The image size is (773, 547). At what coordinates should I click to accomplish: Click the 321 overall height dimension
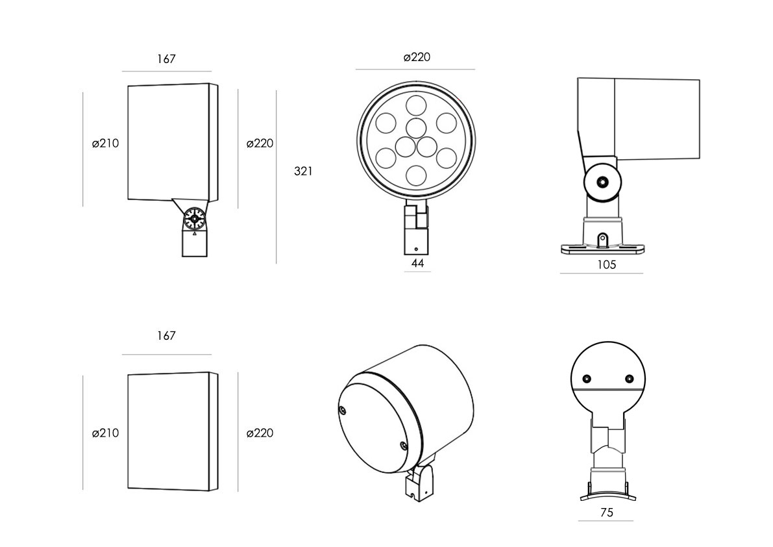[x=303, y=172]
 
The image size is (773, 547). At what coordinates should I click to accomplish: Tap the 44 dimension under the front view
[x=417, y=263]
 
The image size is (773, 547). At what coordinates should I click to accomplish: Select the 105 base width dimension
[x=606, y=264]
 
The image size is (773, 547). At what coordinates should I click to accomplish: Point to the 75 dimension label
[x=606, y=513]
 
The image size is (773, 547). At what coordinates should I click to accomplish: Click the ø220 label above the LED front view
[x=417, y=57]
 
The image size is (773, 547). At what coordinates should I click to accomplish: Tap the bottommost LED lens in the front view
[x=416, y=174]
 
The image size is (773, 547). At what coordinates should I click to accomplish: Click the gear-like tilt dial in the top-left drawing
[x=194, y=219]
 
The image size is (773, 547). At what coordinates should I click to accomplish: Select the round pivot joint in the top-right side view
[x=602, y=183]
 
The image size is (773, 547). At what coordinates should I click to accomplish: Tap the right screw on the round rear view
[x=628, y=379]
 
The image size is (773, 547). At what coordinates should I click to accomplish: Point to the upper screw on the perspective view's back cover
[x=343, y=409]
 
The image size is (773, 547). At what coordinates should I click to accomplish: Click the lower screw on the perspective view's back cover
[x=404, y=446]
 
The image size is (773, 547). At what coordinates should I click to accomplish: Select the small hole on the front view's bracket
[x=416, y=249]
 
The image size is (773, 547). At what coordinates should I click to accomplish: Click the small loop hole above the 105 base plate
[x=602, y=239]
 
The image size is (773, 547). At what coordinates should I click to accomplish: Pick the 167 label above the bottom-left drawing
[x=166, y=336]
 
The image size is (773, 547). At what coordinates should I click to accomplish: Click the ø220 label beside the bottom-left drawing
[x=260, y=433]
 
